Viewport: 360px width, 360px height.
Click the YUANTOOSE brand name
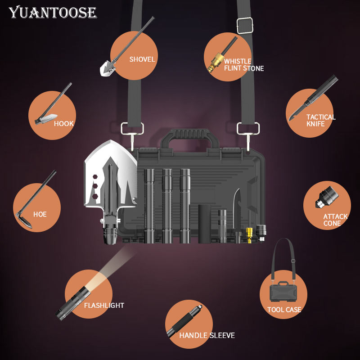tap(53, 12)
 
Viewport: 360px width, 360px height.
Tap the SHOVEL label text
tap(142, 59)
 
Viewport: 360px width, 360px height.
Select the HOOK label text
tap(63, 124)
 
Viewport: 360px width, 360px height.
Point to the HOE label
tap(40, 215)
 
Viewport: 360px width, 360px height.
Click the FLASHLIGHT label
tap(104, 306)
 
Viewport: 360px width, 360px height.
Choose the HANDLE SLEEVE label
tap(207, 335)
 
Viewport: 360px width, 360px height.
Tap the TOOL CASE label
tap(284, 310)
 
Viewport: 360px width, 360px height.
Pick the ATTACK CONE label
tap(335, 220)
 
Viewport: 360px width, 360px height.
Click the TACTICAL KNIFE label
tap(321, 120)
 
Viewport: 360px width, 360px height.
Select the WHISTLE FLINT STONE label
tap(243, 65)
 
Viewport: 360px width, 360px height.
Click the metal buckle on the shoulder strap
tap(244, 26)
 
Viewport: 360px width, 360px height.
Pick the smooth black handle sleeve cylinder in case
tap(205, 224)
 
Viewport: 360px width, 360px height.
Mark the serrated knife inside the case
tap(238, 209)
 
